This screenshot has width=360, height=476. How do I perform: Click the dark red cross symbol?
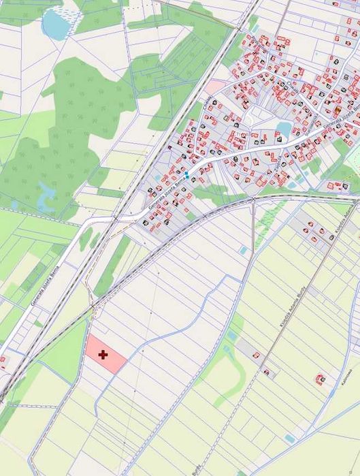(103, 355)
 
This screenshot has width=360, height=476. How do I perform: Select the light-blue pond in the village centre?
(283, 129)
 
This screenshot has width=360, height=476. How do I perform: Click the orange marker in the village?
(338, 109)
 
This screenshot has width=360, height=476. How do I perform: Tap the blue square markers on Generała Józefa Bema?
(187, 176)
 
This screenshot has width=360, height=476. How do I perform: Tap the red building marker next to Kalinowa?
(320, 378)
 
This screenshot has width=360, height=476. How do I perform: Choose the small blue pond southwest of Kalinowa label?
(291, 439)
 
